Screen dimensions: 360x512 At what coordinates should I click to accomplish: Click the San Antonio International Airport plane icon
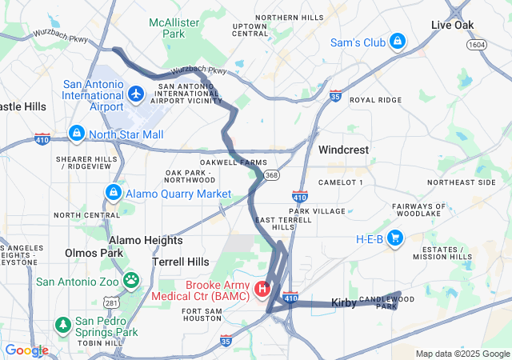135,95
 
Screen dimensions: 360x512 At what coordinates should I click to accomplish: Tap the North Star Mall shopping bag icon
77,133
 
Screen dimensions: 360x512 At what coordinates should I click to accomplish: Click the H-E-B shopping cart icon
394,238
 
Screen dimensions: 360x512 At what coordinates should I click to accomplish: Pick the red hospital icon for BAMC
262,288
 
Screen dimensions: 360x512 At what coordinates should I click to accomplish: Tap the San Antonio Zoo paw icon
130,281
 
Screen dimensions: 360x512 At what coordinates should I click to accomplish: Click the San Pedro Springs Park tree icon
63,326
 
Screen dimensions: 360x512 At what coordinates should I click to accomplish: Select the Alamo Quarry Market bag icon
114,194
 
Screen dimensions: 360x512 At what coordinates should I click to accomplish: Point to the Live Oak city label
453,25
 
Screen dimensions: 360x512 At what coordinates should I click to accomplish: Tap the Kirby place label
344,303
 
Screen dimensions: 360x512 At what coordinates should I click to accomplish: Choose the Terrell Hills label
181,262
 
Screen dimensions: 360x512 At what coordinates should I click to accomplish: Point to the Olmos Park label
94,253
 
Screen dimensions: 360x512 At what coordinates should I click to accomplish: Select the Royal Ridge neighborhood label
375,100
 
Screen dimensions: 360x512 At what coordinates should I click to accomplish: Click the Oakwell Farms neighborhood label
234,162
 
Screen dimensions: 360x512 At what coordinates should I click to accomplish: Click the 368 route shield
273,175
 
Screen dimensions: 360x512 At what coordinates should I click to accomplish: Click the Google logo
26,350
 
